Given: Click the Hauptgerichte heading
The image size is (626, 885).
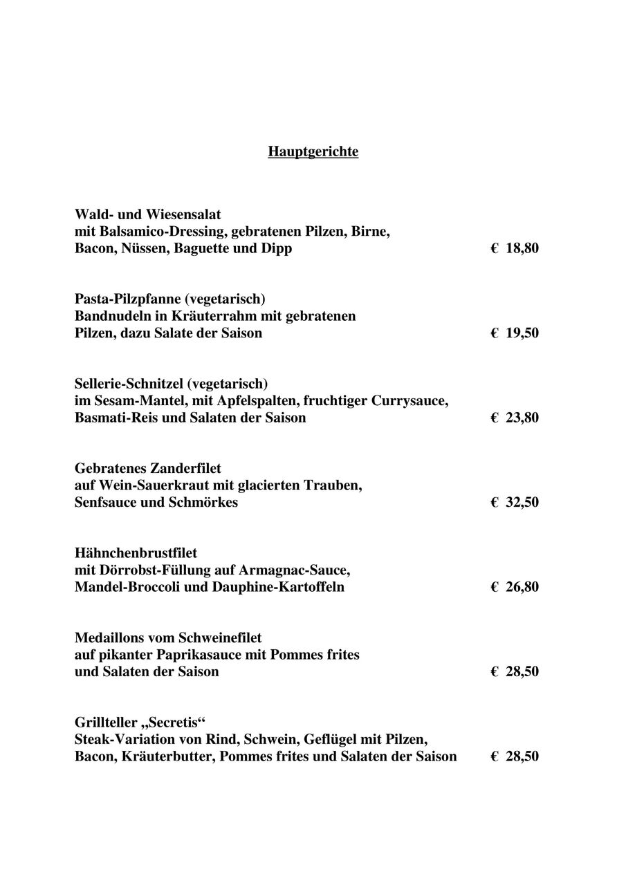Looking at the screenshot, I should click(313, 151).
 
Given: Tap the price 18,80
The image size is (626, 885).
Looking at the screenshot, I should click(522, 248).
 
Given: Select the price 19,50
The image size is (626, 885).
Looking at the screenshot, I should click(522, 333).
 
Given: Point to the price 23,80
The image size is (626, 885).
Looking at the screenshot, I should click(522, 418).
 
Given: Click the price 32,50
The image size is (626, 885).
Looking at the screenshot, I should click(522, 503).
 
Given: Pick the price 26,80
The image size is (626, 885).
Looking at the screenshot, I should click(522, 587).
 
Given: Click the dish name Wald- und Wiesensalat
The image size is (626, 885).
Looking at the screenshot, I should click(147, 214).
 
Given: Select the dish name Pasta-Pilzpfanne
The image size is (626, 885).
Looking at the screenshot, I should click(129, 299).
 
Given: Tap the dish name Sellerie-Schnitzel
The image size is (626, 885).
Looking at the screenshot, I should click(130, 384).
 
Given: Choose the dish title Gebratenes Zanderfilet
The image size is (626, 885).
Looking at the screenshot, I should click(147, 469).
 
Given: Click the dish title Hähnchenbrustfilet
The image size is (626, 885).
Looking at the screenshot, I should click(136, 553).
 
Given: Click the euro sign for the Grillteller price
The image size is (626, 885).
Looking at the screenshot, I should click(495, 756).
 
